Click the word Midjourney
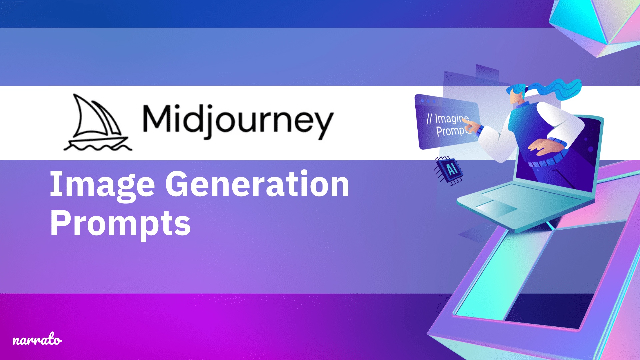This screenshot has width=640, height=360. coord(238,121)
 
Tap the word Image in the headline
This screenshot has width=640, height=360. coord(102,184)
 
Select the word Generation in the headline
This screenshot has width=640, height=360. coord(257,184)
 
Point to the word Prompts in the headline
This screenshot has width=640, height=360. coord(120,223)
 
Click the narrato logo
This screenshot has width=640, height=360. coord(37,340)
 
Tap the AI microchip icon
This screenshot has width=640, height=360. coord(449,170)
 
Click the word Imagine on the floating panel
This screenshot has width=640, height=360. coord(452,119)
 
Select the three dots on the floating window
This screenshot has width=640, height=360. coord(428,101)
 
